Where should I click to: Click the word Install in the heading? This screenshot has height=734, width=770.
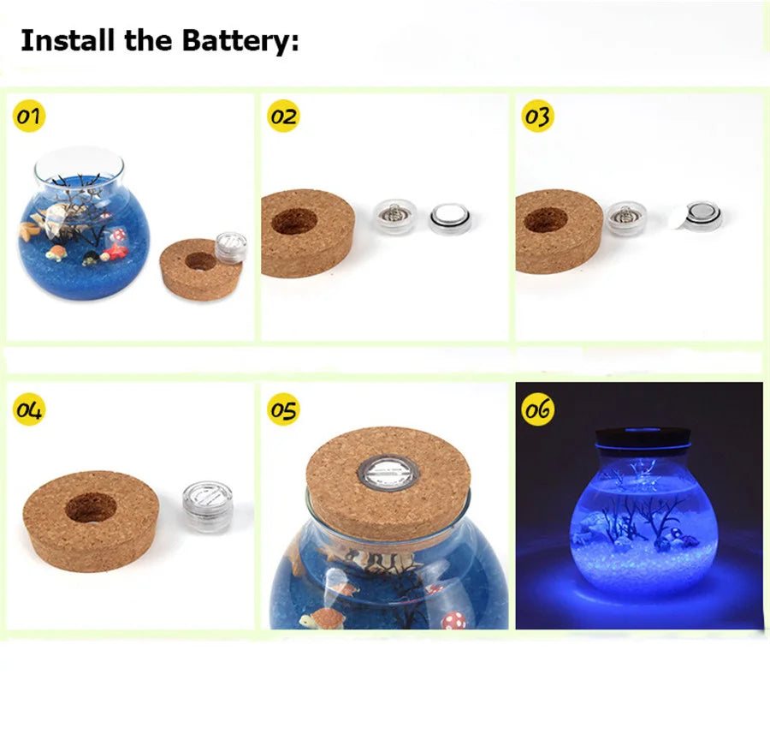tap(68, 39)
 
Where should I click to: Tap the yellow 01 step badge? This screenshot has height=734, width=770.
tap(29, 116)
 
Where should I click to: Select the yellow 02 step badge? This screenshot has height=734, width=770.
tap(284, 116)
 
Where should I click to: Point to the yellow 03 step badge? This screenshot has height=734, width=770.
tap(538, 116)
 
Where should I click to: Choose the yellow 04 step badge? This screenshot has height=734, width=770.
tap(29, 409)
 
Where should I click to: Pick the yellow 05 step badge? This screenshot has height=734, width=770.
tap(284, 409)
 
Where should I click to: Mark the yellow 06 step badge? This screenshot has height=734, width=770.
tap(538, 409)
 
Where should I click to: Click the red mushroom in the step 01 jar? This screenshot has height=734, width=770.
tap(118, 235)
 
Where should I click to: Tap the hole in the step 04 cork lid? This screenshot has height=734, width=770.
tap(91, 509)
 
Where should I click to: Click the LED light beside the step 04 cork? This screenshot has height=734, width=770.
tap(208, 506)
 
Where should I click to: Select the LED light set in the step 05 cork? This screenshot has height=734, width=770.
tap(388, 473)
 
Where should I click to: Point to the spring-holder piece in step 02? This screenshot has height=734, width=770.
tap(395, 217)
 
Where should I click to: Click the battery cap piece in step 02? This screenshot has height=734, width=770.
tap(451, 218)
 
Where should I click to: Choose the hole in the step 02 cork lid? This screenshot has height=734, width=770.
tap(293, 221)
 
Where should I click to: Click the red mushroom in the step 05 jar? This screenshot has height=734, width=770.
tap(454, 620)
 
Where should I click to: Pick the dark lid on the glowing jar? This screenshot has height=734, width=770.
tap(643, 437)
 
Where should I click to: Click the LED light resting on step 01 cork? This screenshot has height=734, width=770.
tap(231, 246)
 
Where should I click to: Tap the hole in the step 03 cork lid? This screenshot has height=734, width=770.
tap(546, 220)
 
